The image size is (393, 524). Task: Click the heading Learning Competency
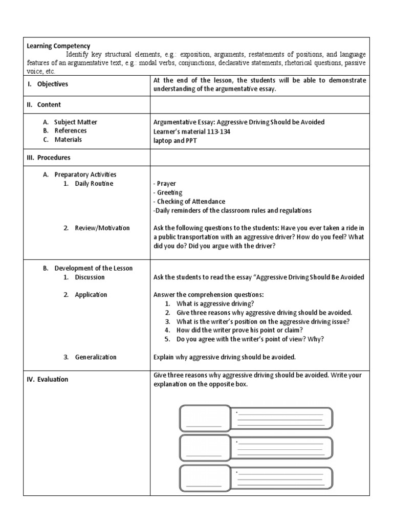point(58,46)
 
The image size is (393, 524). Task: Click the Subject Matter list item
point(75,122)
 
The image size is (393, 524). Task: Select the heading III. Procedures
point(49,158)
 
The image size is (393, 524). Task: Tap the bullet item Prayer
point(166,184)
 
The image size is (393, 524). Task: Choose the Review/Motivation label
point(102,228)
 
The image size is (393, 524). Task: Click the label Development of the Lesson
point(93,268)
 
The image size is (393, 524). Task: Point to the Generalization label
point(95,357)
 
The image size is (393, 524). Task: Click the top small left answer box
point(204,418)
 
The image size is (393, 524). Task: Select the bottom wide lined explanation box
point(281,477)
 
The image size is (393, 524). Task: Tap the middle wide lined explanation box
point(281,448)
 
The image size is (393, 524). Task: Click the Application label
point(91,295)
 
